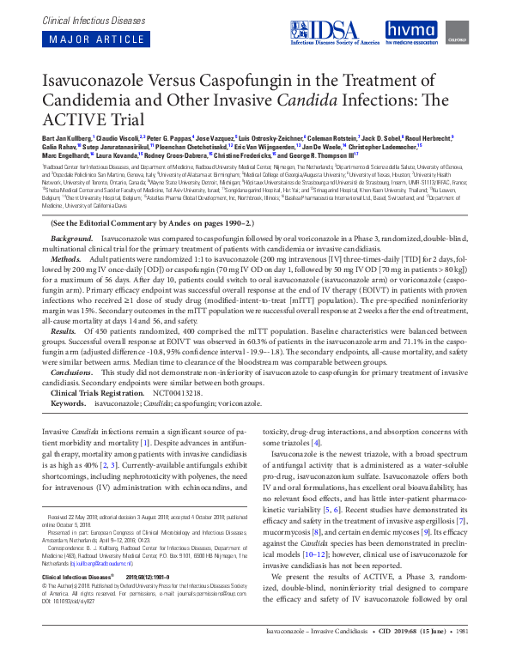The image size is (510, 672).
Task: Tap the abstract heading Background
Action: (x=71, y=236)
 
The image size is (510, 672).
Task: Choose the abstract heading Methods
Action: (x=66, y=257)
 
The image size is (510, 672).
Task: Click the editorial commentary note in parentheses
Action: (x=145, y=221)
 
